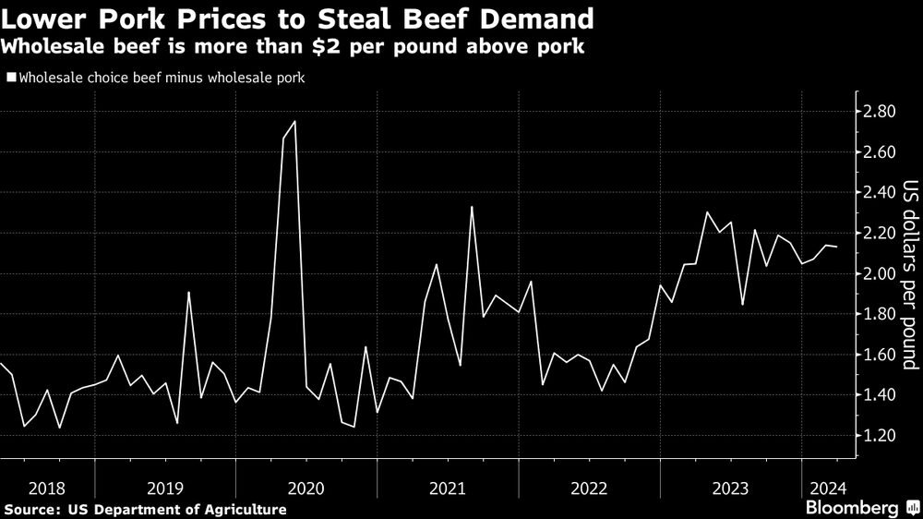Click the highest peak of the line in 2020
(294, 121)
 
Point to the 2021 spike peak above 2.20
(472, 207)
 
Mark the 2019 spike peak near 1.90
(188, 293)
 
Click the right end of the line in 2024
(837, 247)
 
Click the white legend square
(10, 78)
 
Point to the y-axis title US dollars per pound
(909, 274)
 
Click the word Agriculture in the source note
(243, 510)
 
